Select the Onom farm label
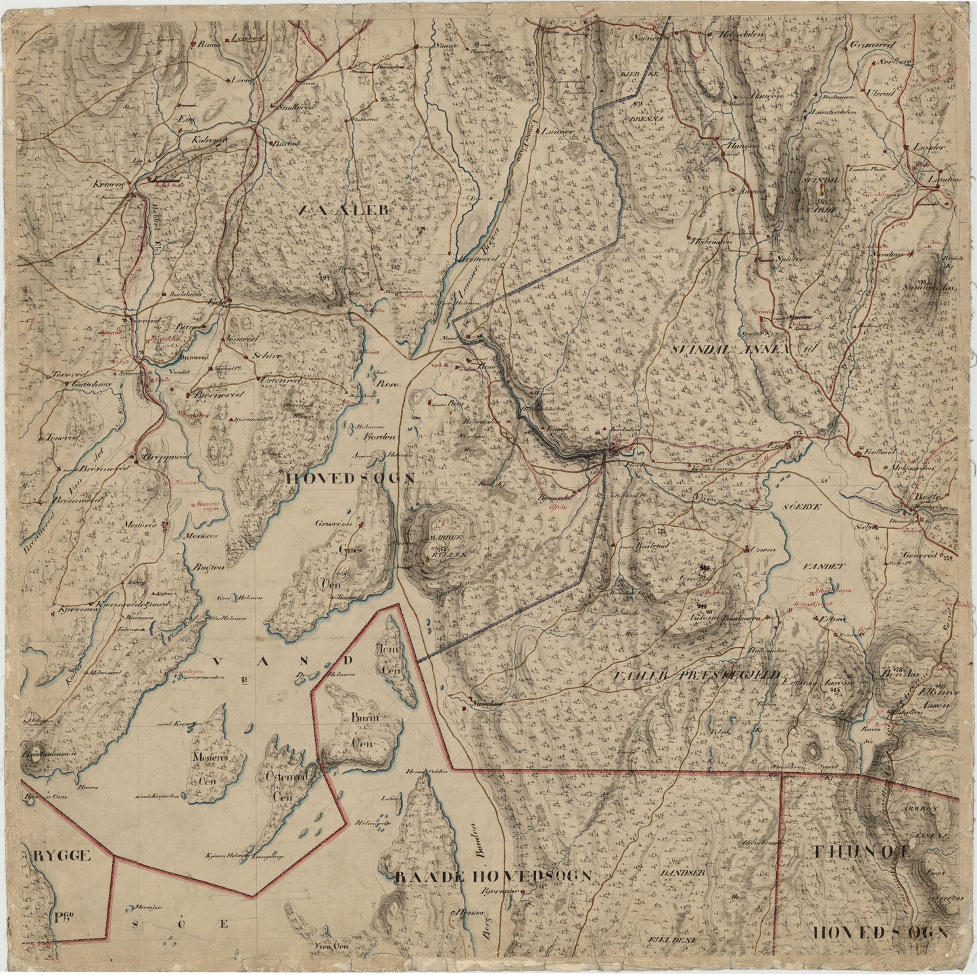(x=762, y=550)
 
